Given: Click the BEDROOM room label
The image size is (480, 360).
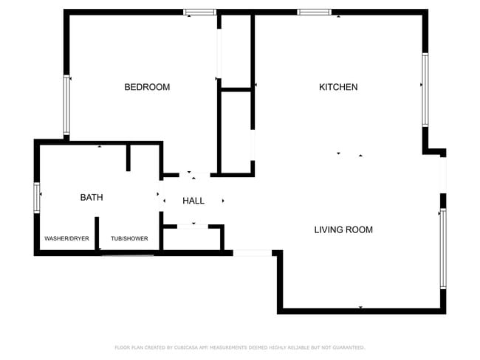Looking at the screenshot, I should click(x=147, y=87).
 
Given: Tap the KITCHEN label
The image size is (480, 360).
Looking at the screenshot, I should click(x=338, y=87).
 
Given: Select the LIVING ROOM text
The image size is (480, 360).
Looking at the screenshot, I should click(x=343, y=229).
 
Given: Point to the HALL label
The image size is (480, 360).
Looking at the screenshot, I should click(x=193, y=201).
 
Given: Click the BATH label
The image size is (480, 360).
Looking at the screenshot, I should click(x=92, y=198).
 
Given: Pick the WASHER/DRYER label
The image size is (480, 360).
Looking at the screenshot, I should click(x=66, y=239).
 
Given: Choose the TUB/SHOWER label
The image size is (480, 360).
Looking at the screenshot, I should click(x=129, y=239).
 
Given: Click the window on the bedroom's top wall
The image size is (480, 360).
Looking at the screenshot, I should click(x=199, y=12).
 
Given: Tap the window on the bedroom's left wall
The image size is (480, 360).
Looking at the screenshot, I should click(x=66, y=105).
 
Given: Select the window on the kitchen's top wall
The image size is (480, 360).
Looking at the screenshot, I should click(x=313, y=12).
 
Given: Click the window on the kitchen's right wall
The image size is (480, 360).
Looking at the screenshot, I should click(x=425, y=89).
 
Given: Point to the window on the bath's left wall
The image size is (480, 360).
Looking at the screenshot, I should click(x=37, y=197).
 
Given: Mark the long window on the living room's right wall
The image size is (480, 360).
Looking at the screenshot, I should click(x=443, y=248).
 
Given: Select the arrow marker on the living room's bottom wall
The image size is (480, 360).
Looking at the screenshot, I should click(x=360, y=307).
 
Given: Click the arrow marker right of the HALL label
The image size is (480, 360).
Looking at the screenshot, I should click(x=223, y=200).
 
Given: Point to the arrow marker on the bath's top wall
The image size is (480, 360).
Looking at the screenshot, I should click(x=100, y=147).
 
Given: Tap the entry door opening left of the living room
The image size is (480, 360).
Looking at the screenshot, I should click(x=253, y=253).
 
